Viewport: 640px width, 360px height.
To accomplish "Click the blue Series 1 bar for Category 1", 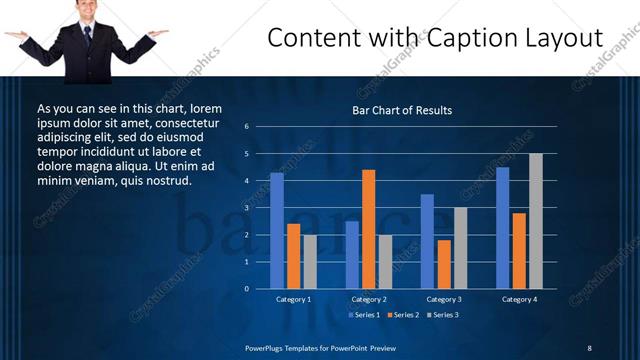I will (x=277, y=231).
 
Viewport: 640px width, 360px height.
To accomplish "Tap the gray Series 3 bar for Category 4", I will (x=536, y=221).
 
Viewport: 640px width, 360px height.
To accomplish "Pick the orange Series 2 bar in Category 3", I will (x=443, y=264).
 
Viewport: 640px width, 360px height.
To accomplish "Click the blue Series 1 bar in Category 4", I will (x=502, y=228).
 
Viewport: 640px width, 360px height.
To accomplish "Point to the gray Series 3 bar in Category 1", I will (x=310, y=262).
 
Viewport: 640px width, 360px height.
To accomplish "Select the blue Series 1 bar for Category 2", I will (x=352, y=255).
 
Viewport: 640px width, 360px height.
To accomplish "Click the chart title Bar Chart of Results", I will (x=402, y=110).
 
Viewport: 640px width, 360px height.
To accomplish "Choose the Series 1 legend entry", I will (x=364, y=316).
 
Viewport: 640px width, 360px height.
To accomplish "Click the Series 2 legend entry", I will (x=402, y=316).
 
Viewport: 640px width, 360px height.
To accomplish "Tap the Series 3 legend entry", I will (x=441, y=316).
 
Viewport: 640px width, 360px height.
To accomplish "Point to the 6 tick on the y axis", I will (x=246, y=127).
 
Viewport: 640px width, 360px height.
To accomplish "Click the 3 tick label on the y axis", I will (x=246, y=208).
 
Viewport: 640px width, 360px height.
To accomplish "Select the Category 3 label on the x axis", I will (x=443, y=299).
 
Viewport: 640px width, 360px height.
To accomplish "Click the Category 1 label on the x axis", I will (x=294, y=299).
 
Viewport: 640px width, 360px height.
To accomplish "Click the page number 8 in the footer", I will (x=589, y=347).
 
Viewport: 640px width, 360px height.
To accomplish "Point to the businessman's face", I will (x=87, y=11).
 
